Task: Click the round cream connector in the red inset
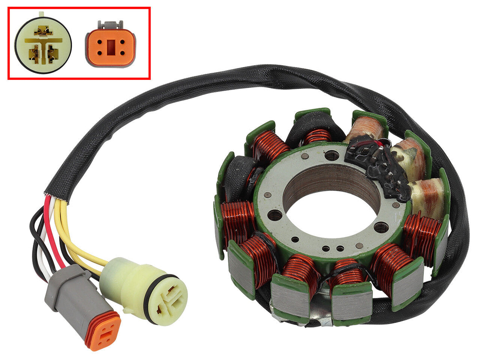43,45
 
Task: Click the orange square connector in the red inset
110,47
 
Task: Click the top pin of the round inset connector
43,30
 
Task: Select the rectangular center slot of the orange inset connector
110,48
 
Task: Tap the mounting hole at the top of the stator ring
332,155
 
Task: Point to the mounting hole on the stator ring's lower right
381,227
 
